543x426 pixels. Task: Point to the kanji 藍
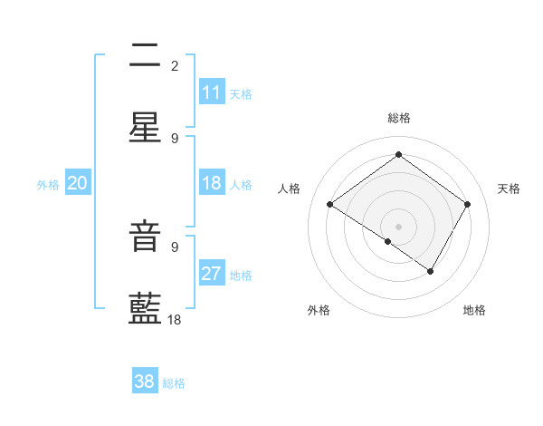(145, 309)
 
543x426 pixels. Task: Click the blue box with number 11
(212, 92)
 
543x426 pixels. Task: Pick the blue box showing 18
(212, 183)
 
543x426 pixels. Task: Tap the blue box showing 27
(212, 274)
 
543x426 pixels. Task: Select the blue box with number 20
(78, 183)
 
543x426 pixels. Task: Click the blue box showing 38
(145, 382)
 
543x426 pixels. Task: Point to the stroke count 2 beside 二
(175, 65)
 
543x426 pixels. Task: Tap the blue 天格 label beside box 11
(241, 93)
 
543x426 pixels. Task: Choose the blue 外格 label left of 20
(48, 184)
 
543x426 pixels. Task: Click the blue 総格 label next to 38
(174, 382)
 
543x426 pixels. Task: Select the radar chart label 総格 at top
(398, 118)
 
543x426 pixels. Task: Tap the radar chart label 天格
(509, 189)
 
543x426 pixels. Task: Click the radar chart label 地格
(474, 310)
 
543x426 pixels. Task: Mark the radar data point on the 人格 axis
(329, 205)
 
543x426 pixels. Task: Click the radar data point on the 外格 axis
(388, 241)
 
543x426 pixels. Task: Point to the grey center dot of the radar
(398, 226)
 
